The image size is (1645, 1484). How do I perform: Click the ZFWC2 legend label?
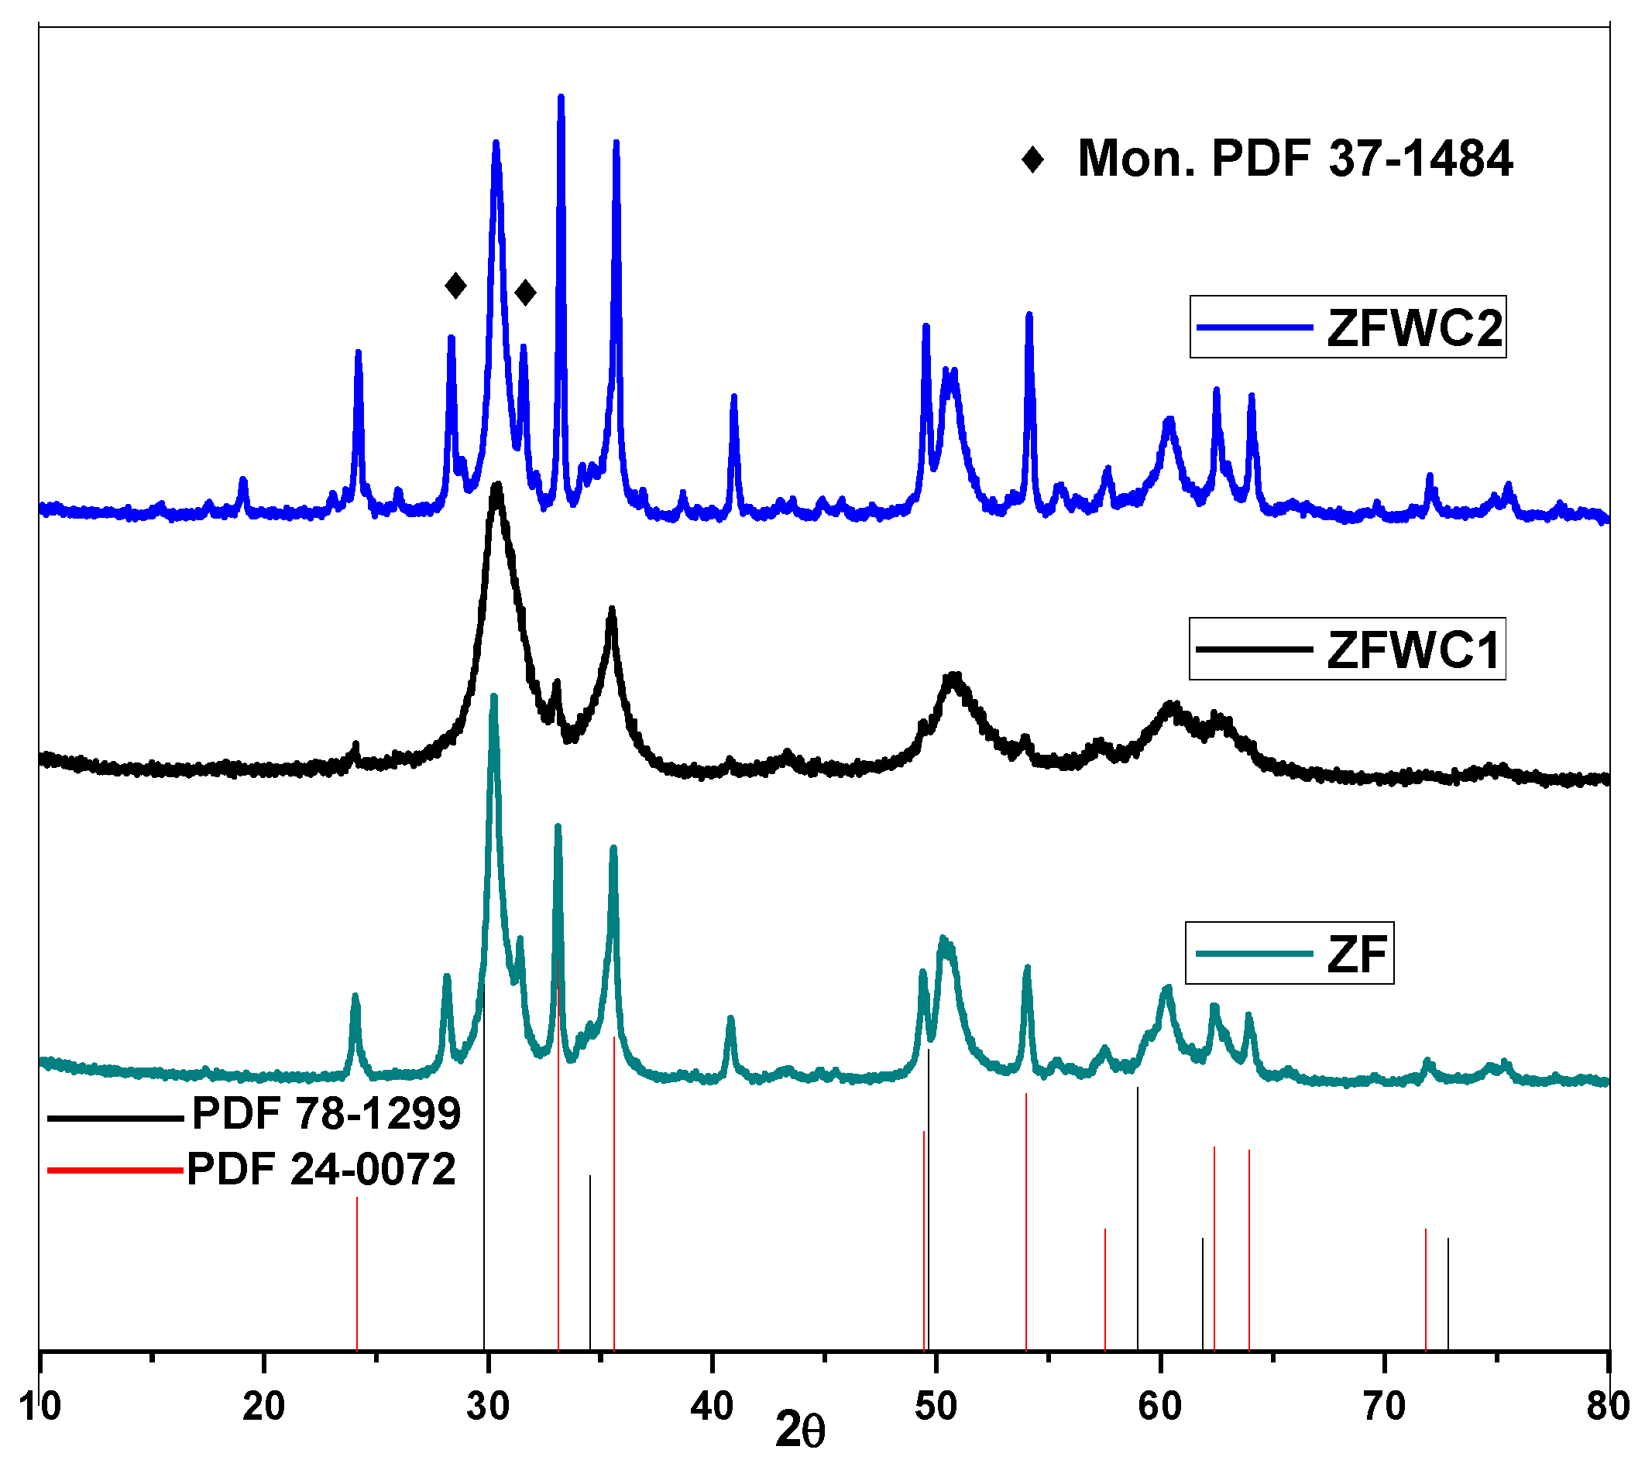tap(1413, 327)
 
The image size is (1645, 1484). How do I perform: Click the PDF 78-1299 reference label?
tap(326, 1113)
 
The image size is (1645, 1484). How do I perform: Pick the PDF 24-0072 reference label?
tap(321, 1169)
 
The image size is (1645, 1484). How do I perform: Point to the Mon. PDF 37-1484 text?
tap(1294, 158)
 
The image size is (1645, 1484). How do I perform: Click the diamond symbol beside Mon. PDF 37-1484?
tap(1032, 159)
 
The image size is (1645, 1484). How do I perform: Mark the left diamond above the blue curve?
tap(455, 286)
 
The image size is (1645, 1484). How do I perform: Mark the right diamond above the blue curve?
tap(525, 292)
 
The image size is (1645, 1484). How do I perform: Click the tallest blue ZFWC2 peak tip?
tap(560, 98)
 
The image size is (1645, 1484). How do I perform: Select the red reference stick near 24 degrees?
tap(356, 1272)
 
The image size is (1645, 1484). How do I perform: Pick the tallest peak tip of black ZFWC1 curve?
tap(496, 485)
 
